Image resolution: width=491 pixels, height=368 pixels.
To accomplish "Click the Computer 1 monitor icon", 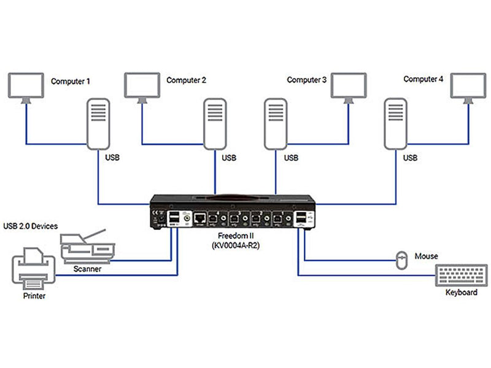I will [x=26, y=85].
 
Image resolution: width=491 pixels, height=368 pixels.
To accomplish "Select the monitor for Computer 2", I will [x=142, y=85].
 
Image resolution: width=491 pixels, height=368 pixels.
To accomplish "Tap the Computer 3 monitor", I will [x=349, y=85].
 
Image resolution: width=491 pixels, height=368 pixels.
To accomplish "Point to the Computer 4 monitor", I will [x=469, y=85].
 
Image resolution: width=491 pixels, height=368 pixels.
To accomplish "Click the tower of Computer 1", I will [x=98, y=125].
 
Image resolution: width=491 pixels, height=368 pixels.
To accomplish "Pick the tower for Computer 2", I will [x=214, y=125].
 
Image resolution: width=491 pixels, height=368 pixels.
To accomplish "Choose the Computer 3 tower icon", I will [x=274, y=125].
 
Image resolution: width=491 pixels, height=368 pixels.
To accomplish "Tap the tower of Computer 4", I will [x=396, y=125].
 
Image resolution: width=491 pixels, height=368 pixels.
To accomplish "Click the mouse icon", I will [x=401, y=260].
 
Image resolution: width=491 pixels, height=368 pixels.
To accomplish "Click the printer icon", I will [x=33, y=270].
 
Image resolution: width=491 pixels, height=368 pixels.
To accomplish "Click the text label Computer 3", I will [x=307, y=80].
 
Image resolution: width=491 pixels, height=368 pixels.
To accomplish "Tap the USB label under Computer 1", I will [x=112, y=158].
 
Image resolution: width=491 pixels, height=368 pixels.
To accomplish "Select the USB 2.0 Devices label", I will [x=31, y=226].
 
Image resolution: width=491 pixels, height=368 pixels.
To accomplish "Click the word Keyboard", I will [x=461, y=293].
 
